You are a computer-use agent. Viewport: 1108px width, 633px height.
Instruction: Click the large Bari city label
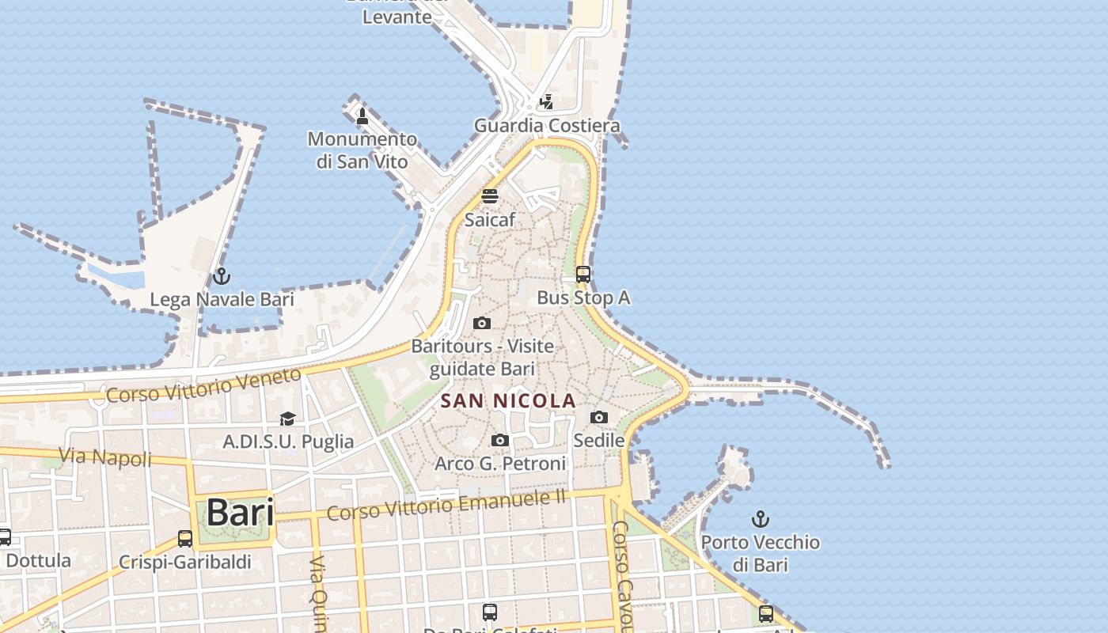(240, 513)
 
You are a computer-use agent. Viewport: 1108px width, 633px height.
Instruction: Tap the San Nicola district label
(507, 401)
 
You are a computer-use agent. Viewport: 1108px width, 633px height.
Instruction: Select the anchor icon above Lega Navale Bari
(222, 276)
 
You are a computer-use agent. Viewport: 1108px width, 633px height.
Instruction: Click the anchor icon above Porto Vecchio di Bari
(760, 519)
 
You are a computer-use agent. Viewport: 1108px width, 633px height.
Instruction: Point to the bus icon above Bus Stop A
(583, 275)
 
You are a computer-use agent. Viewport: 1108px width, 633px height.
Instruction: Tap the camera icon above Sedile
(599, 417)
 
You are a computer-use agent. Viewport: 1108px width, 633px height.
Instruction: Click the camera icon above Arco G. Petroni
(500, 440)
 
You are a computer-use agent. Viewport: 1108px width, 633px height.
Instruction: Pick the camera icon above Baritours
(481, 323)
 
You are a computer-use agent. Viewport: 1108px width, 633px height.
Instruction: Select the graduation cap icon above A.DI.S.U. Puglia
(287, 418)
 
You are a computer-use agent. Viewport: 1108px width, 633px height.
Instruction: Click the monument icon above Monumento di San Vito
(362, 116)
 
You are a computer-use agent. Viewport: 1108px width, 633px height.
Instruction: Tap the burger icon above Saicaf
(490, 196)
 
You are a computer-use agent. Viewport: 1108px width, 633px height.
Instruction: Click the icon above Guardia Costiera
(546, 102)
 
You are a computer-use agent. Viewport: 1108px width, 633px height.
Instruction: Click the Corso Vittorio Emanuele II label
(447, 505)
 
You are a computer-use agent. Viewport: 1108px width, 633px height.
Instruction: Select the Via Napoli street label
(104, 457)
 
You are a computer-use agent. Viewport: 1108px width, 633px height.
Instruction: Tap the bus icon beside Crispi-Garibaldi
(185, 539)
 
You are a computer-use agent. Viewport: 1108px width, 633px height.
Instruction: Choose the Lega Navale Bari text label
(222, 300)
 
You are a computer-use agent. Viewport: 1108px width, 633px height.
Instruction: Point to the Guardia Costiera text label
(547, 126)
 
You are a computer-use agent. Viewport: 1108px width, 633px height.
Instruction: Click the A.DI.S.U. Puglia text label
(288, 442)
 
